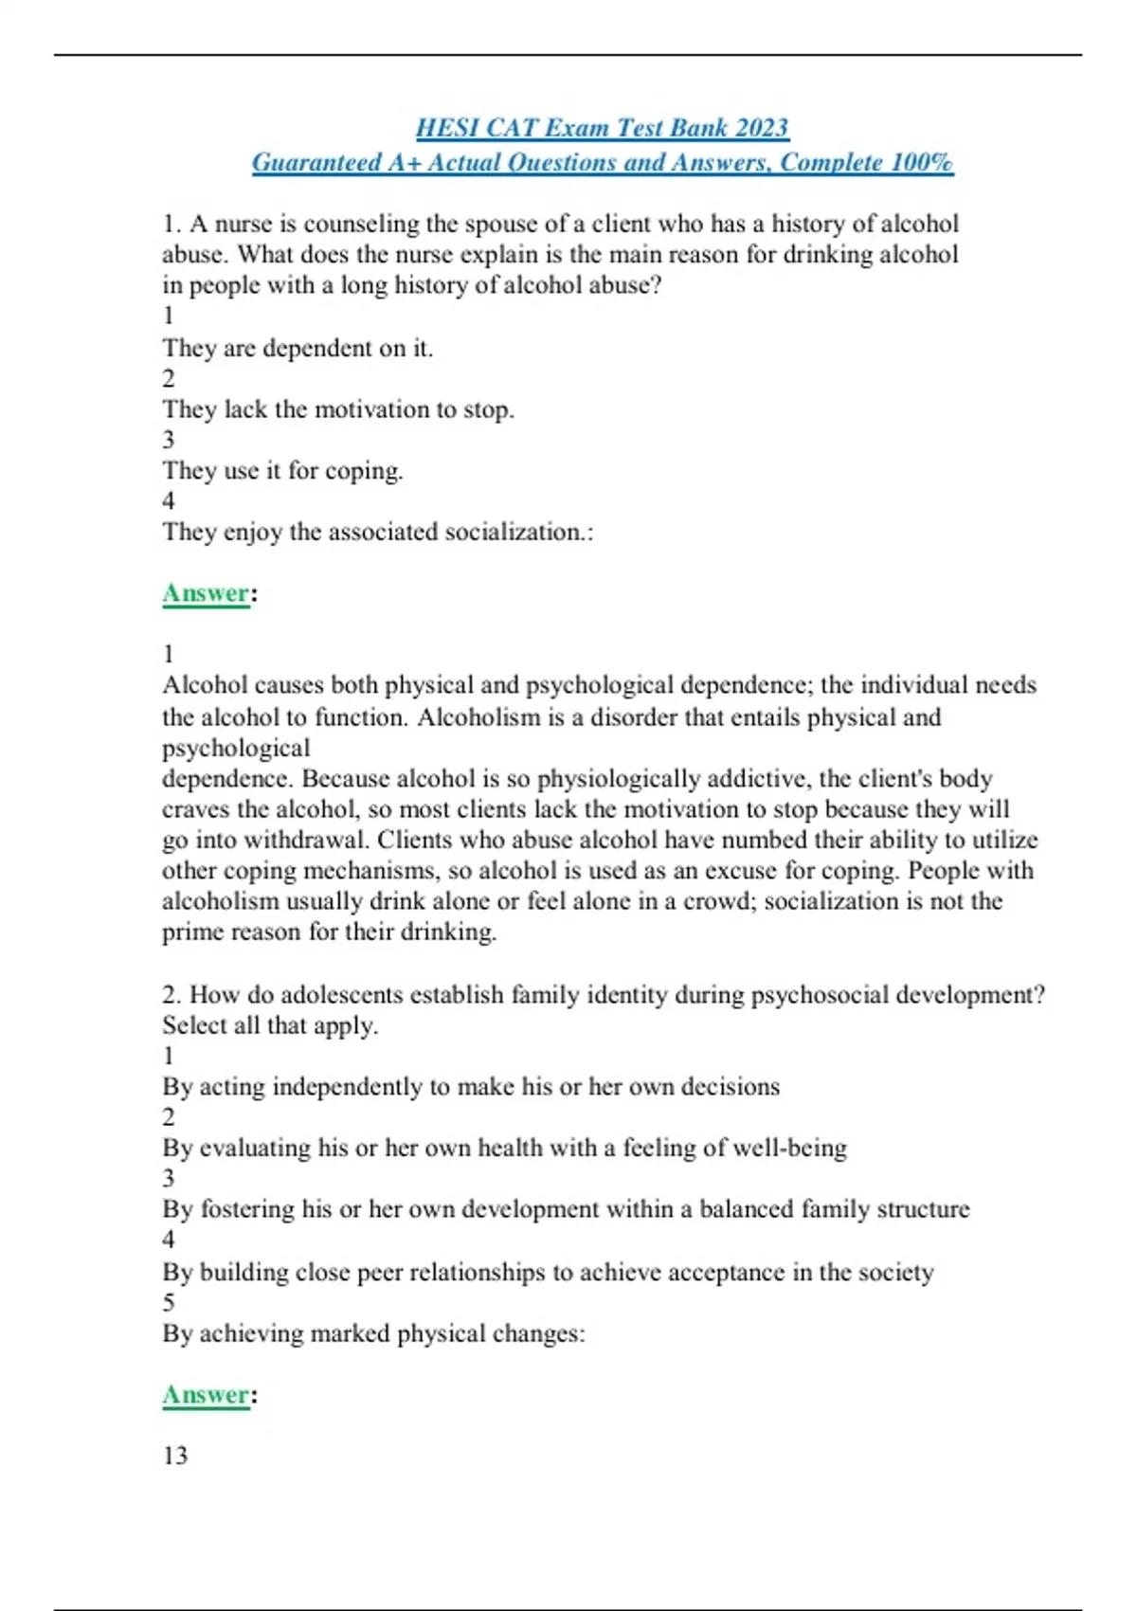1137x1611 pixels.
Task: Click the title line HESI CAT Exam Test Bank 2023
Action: point(602,128)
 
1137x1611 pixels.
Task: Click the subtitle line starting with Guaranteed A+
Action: point(602,163)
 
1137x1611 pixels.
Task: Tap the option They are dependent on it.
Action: point(298,349)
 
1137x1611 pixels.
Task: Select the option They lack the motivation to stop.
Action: point(338,409)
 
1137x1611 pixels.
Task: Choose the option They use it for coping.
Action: point(282,471)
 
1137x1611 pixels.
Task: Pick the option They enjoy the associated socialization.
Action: point(377,532)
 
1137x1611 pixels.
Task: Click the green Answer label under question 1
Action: point(206,593)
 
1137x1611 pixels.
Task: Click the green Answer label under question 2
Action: point(206,1395)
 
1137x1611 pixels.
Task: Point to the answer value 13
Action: point(175,1456)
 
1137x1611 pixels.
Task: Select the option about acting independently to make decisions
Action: point(471,1087)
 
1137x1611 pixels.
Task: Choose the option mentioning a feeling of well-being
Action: point(504,1148)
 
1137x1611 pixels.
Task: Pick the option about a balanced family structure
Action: point(566,1209)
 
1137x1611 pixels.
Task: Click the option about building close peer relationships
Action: point(548,1272)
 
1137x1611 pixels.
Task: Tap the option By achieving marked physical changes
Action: point(373,1333)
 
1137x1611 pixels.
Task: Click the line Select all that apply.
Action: point(270,1025)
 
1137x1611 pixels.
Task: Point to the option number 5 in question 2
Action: point(169,1302)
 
